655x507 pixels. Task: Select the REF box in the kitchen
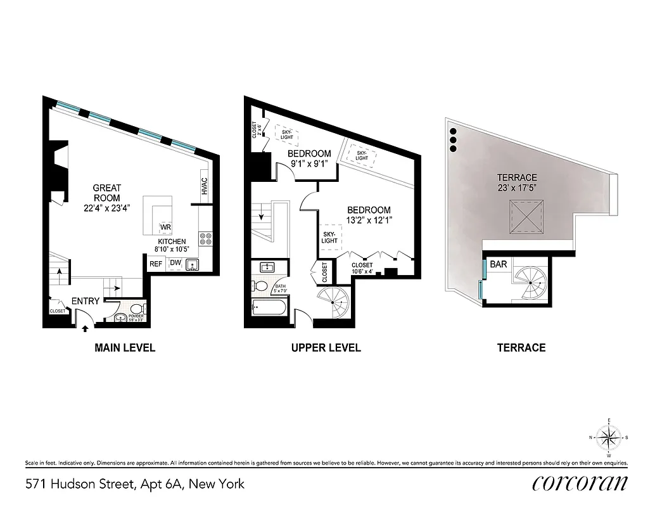pos(155,264)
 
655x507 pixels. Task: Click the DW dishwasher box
pos(175,264)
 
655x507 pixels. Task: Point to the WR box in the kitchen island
pos(165,228)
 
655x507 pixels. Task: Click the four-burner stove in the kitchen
pos(206,239)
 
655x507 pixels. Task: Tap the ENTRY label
pos(84,301)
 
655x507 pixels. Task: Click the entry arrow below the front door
pos(86,327)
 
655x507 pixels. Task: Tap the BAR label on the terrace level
pos(499,264)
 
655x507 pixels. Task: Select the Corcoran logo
pos(580,483)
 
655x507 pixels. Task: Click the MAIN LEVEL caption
pos(125,347)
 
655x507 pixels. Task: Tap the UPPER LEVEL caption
pos(326,347)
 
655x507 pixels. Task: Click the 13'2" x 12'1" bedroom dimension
pos(368,221)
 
